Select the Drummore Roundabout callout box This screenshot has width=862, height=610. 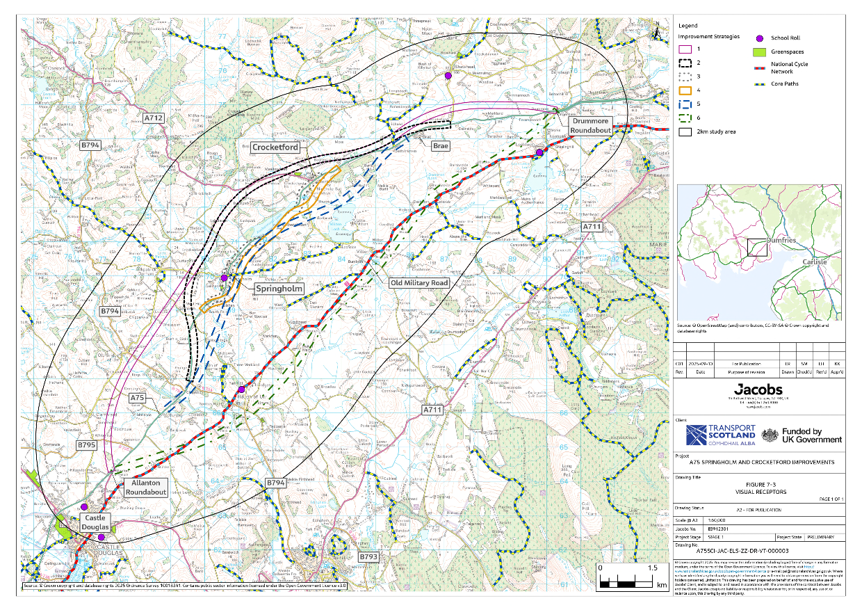(591, 125)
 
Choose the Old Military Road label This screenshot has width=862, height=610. (419, 283)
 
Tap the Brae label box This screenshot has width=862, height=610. (440, 147)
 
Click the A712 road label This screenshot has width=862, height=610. (154, 118)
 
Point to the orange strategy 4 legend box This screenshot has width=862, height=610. (685, 90)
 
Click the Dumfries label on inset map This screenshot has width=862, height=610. (781, 239)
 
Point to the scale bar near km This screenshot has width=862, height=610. (627, 577)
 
